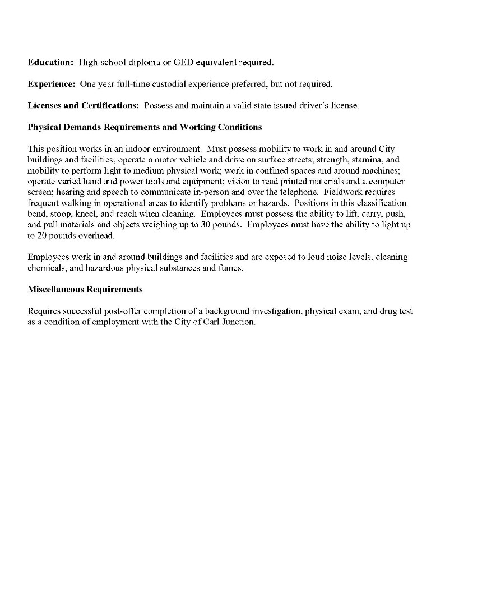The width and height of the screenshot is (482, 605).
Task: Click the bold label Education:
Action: pyautogui.click(x=50, y=62)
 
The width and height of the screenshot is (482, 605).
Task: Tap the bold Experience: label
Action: pyautogui.click(x=52, y=84)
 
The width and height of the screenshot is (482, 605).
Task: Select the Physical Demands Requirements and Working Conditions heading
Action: pyautogui.click(x=145, y=127)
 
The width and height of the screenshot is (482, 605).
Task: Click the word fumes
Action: pyautogui.click(x=230, y=268)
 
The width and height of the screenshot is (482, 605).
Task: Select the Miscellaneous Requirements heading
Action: pyautogui.click(x=85, y=290)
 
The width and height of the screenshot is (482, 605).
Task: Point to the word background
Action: pyautogui.click(x=220, y=311)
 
